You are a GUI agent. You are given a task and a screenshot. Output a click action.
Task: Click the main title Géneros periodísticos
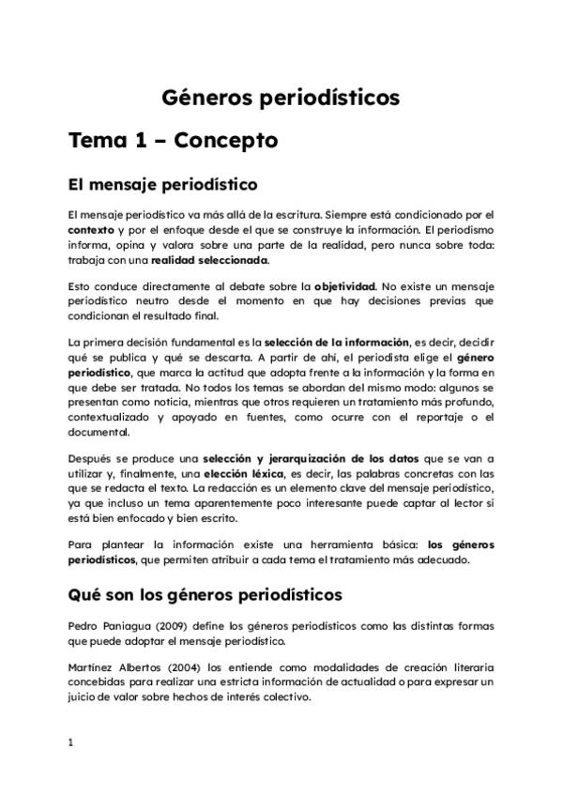(281, 98)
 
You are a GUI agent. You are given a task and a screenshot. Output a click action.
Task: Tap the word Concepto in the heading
(224, 141)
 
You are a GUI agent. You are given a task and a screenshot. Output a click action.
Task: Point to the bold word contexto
(90, 229)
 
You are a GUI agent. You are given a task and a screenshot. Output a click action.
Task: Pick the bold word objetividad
(344, 285)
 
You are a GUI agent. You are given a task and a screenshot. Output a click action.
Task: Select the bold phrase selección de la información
(336, 342)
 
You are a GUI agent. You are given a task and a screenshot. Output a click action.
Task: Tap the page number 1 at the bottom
(70, 742)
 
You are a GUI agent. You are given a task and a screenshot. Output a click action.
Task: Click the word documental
(101, 433)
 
